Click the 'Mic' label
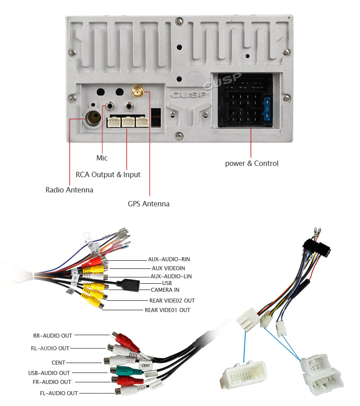[102, 158]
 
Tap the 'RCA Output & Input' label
[108, 174]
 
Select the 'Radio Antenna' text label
[69, 190]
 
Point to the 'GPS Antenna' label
[148, 204]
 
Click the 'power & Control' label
[252, 163]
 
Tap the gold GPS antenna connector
[138, 92]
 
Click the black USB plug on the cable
[128, 285]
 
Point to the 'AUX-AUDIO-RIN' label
[169, 259]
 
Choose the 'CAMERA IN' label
[165, 290]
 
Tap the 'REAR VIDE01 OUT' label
[167, 310]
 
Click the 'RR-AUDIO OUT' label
[53, 335]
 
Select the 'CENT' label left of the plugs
[58, 362]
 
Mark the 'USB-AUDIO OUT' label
[49, 373]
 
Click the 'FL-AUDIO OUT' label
[59, 393]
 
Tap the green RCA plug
[121, 371]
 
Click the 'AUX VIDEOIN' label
[168, 268]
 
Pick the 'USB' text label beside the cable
[167, 283]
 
